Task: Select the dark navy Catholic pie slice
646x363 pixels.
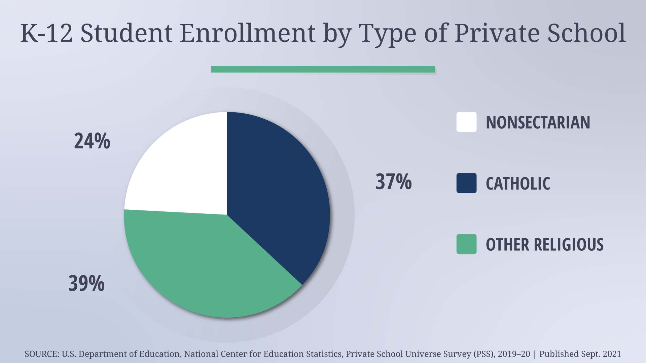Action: (276, 195)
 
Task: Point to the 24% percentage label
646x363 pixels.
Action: (92, 141)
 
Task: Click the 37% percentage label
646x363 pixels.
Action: (393, 182)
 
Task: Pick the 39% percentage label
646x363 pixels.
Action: (86, 283)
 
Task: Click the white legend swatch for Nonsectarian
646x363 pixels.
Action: (466, 122)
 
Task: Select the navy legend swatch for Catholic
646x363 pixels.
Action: (466, 183)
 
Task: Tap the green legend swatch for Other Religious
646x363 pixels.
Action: (466, 244)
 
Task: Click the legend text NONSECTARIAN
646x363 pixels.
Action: (538, 122)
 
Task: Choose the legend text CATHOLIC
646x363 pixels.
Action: (518, 184)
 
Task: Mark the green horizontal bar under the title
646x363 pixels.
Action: (323, 69)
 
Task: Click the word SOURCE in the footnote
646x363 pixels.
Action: (41, 354)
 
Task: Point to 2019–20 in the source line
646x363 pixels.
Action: (514, 354)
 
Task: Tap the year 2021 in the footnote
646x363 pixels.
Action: (612, 354)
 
